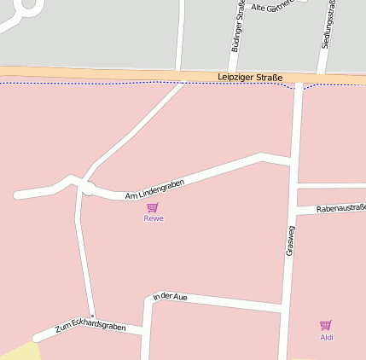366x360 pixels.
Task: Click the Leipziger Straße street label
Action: point(250,78)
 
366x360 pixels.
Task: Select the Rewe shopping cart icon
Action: point(153,207)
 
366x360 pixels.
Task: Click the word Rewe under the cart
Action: point(154,218)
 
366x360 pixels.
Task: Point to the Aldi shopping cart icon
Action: point(325,325)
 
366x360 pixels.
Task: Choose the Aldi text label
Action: point(327,337)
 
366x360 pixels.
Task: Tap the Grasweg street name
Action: point(290,240)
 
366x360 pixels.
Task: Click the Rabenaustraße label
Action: point(340,208)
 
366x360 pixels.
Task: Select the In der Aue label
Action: point(170,297)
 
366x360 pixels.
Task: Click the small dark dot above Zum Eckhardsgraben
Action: point(93,316)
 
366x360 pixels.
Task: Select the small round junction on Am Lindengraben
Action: point(87,187)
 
